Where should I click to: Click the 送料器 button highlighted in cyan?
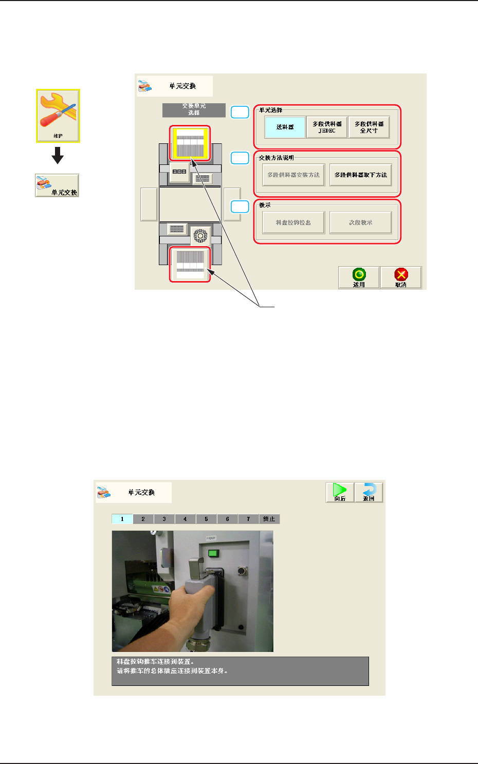pos(285,127)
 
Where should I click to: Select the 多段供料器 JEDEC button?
pos(327,127)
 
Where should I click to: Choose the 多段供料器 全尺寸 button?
pos(369,127)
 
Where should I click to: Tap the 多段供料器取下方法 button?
pos(360,175)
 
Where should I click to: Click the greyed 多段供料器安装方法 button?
pos(293,175)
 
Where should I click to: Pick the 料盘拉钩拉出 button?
pos(293,223)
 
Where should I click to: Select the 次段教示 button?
pos(360,223)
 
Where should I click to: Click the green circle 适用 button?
pos(359,277)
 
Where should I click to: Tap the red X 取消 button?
pos(401,277)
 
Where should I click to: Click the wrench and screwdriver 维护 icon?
pos(58,116)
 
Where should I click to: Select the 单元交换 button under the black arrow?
pos(57,185)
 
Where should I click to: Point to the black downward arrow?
pos(58,155)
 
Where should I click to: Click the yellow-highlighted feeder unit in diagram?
pos(191,143)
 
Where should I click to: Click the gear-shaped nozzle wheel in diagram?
pos(200,235)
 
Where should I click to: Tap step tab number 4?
pos(185,519)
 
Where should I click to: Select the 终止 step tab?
pos(269,519)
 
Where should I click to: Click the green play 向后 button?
pos(340,492)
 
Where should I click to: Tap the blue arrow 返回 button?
pos(369,492)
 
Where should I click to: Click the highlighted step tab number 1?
pos(122,519)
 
